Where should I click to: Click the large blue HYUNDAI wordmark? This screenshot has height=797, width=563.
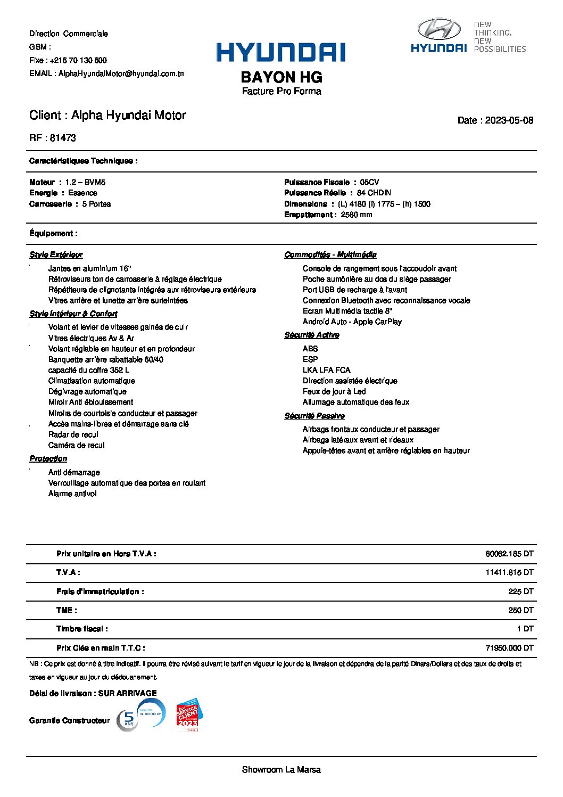280,53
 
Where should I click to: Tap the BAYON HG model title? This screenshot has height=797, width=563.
281,77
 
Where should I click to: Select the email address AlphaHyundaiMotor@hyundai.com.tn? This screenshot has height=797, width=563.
121,73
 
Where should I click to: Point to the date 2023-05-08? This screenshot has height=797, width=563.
509,120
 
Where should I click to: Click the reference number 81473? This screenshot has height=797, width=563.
63,138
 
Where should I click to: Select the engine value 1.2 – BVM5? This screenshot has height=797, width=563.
85,182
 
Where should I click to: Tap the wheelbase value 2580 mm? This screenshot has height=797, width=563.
357,215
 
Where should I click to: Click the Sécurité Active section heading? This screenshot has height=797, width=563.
312,335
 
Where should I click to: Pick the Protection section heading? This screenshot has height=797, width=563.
48,458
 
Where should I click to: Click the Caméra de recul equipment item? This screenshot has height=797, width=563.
77,445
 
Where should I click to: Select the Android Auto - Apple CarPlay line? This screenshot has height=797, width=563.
352,322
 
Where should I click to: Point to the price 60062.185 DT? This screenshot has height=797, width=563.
509,554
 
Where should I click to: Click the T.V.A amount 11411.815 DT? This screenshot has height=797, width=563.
509,572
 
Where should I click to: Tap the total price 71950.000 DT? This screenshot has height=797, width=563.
509,648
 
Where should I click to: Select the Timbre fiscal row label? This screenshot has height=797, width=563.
82,629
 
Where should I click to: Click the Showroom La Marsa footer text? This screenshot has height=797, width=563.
281,769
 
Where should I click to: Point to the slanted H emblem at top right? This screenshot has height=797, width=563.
438,29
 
